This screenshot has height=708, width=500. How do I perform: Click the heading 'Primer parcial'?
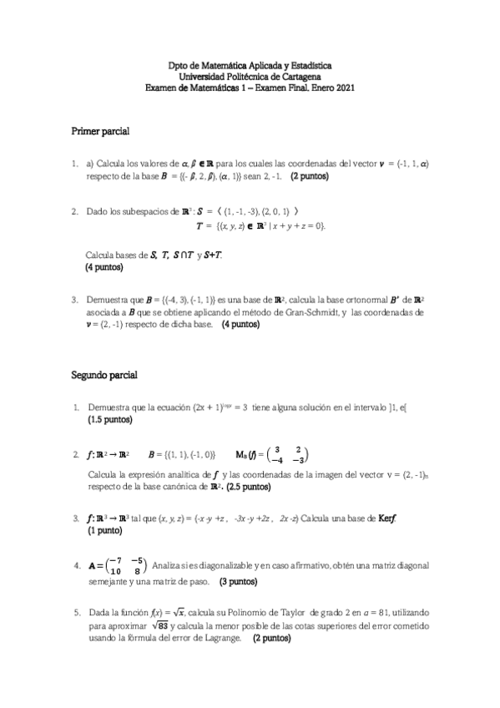[99, 133]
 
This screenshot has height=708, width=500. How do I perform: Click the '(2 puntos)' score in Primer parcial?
[310, 177]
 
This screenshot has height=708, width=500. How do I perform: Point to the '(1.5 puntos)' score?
[109, 420]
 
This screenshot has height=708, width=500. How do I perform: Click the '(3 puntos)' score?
[239, 581]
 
